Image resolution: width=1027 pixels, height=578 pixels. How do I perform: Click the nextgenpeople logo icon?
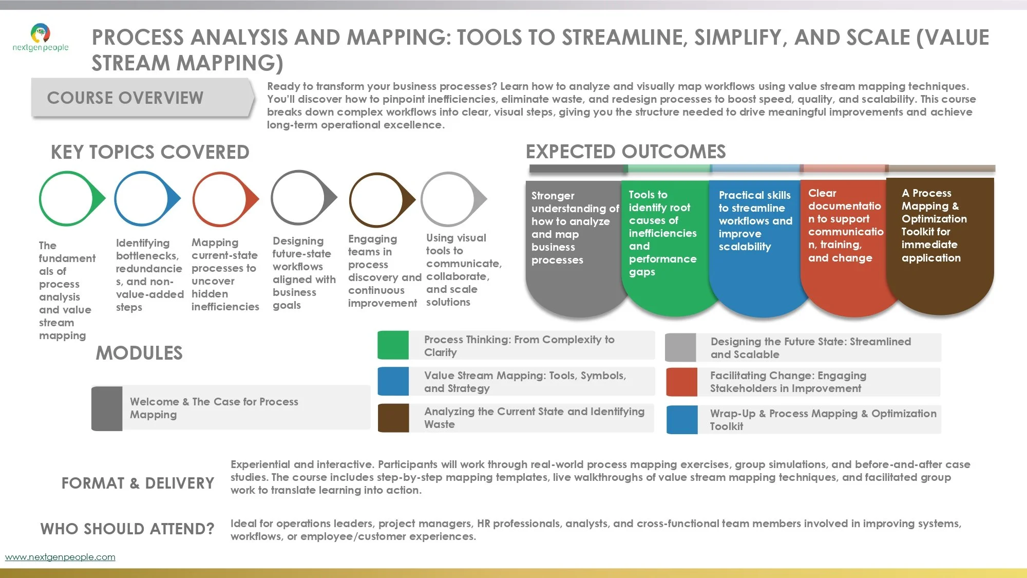point(41,33)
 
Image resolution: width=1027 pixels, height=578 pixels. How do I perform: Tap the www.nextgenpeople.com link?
point(60,557)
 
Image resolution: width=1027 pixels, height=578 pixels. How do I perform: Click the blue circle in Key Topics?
point(144,198)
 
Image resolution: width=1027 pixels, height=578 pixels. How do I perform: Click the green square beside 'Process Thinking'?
point(393,345)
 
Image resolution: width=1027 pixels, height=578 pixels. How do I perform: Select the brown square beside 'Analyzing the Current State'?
point(393,418)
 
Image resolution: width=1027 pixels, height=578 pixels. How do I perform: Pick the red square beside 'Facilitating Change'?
point(681,382)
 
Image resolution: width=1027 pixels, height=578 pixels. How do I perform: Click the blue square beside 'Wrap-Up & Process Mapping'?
point(682,420)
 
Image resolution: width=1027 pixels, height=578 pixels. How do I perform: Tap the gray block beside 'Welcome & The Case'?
point(107,408)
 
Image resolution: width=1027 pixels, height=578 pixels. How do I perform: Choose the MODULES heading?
point(139,353)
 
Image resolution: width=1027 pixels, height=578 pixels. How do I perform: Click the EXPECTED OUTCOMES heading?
point(625,152)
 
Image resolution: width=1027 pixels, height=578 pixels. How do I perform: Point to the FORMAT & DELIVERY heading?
point(138,483)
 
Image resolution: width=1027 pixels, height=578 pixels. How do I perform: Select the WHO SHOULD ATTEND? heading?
point(127,529)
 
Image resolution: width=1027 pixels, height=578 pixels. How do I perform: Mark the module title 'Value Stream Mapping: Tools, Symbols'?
point(525,382)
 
